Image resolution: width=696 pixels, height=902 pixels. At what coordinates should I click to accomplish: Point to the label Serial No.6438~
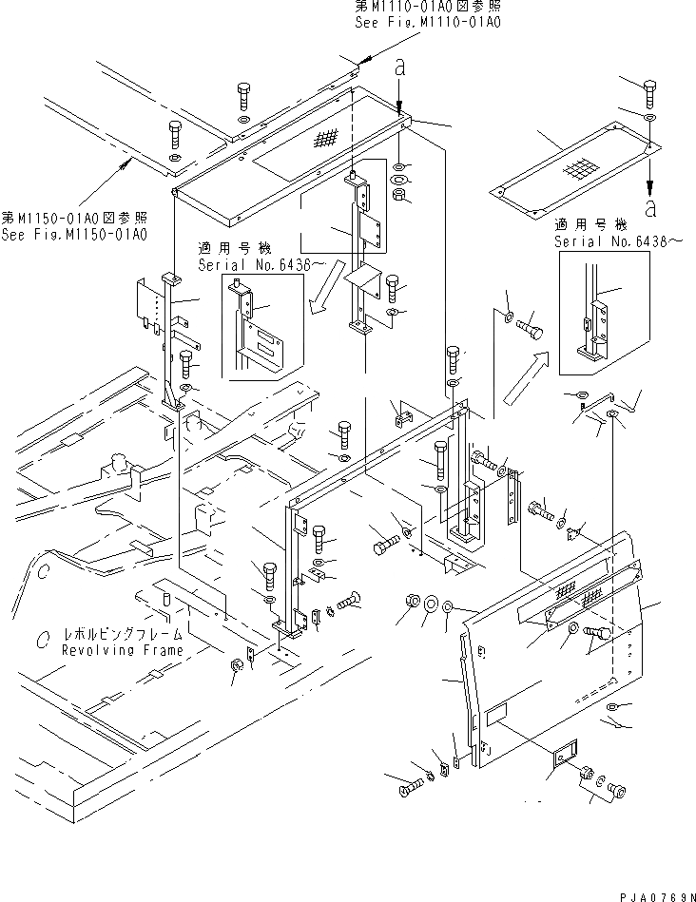pyautogui.click(x=609, y=242)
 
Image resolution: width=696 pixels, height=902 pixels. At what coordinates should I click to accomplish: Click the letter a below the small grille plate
pyautogui.click(x=649, y=205)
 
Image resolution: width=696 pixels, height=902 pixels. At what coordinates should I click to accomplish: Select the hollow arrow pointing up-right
pyautogui.click(x=530, y=373)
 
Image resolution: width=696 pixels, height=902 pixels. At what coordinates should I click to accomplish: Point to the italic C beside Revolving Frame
pyautogui.click(x=43, y=643)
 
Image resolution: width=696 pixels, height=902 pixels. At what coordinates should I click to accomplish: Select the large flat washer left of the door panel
pyautogui.click(x=430, y=604)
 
